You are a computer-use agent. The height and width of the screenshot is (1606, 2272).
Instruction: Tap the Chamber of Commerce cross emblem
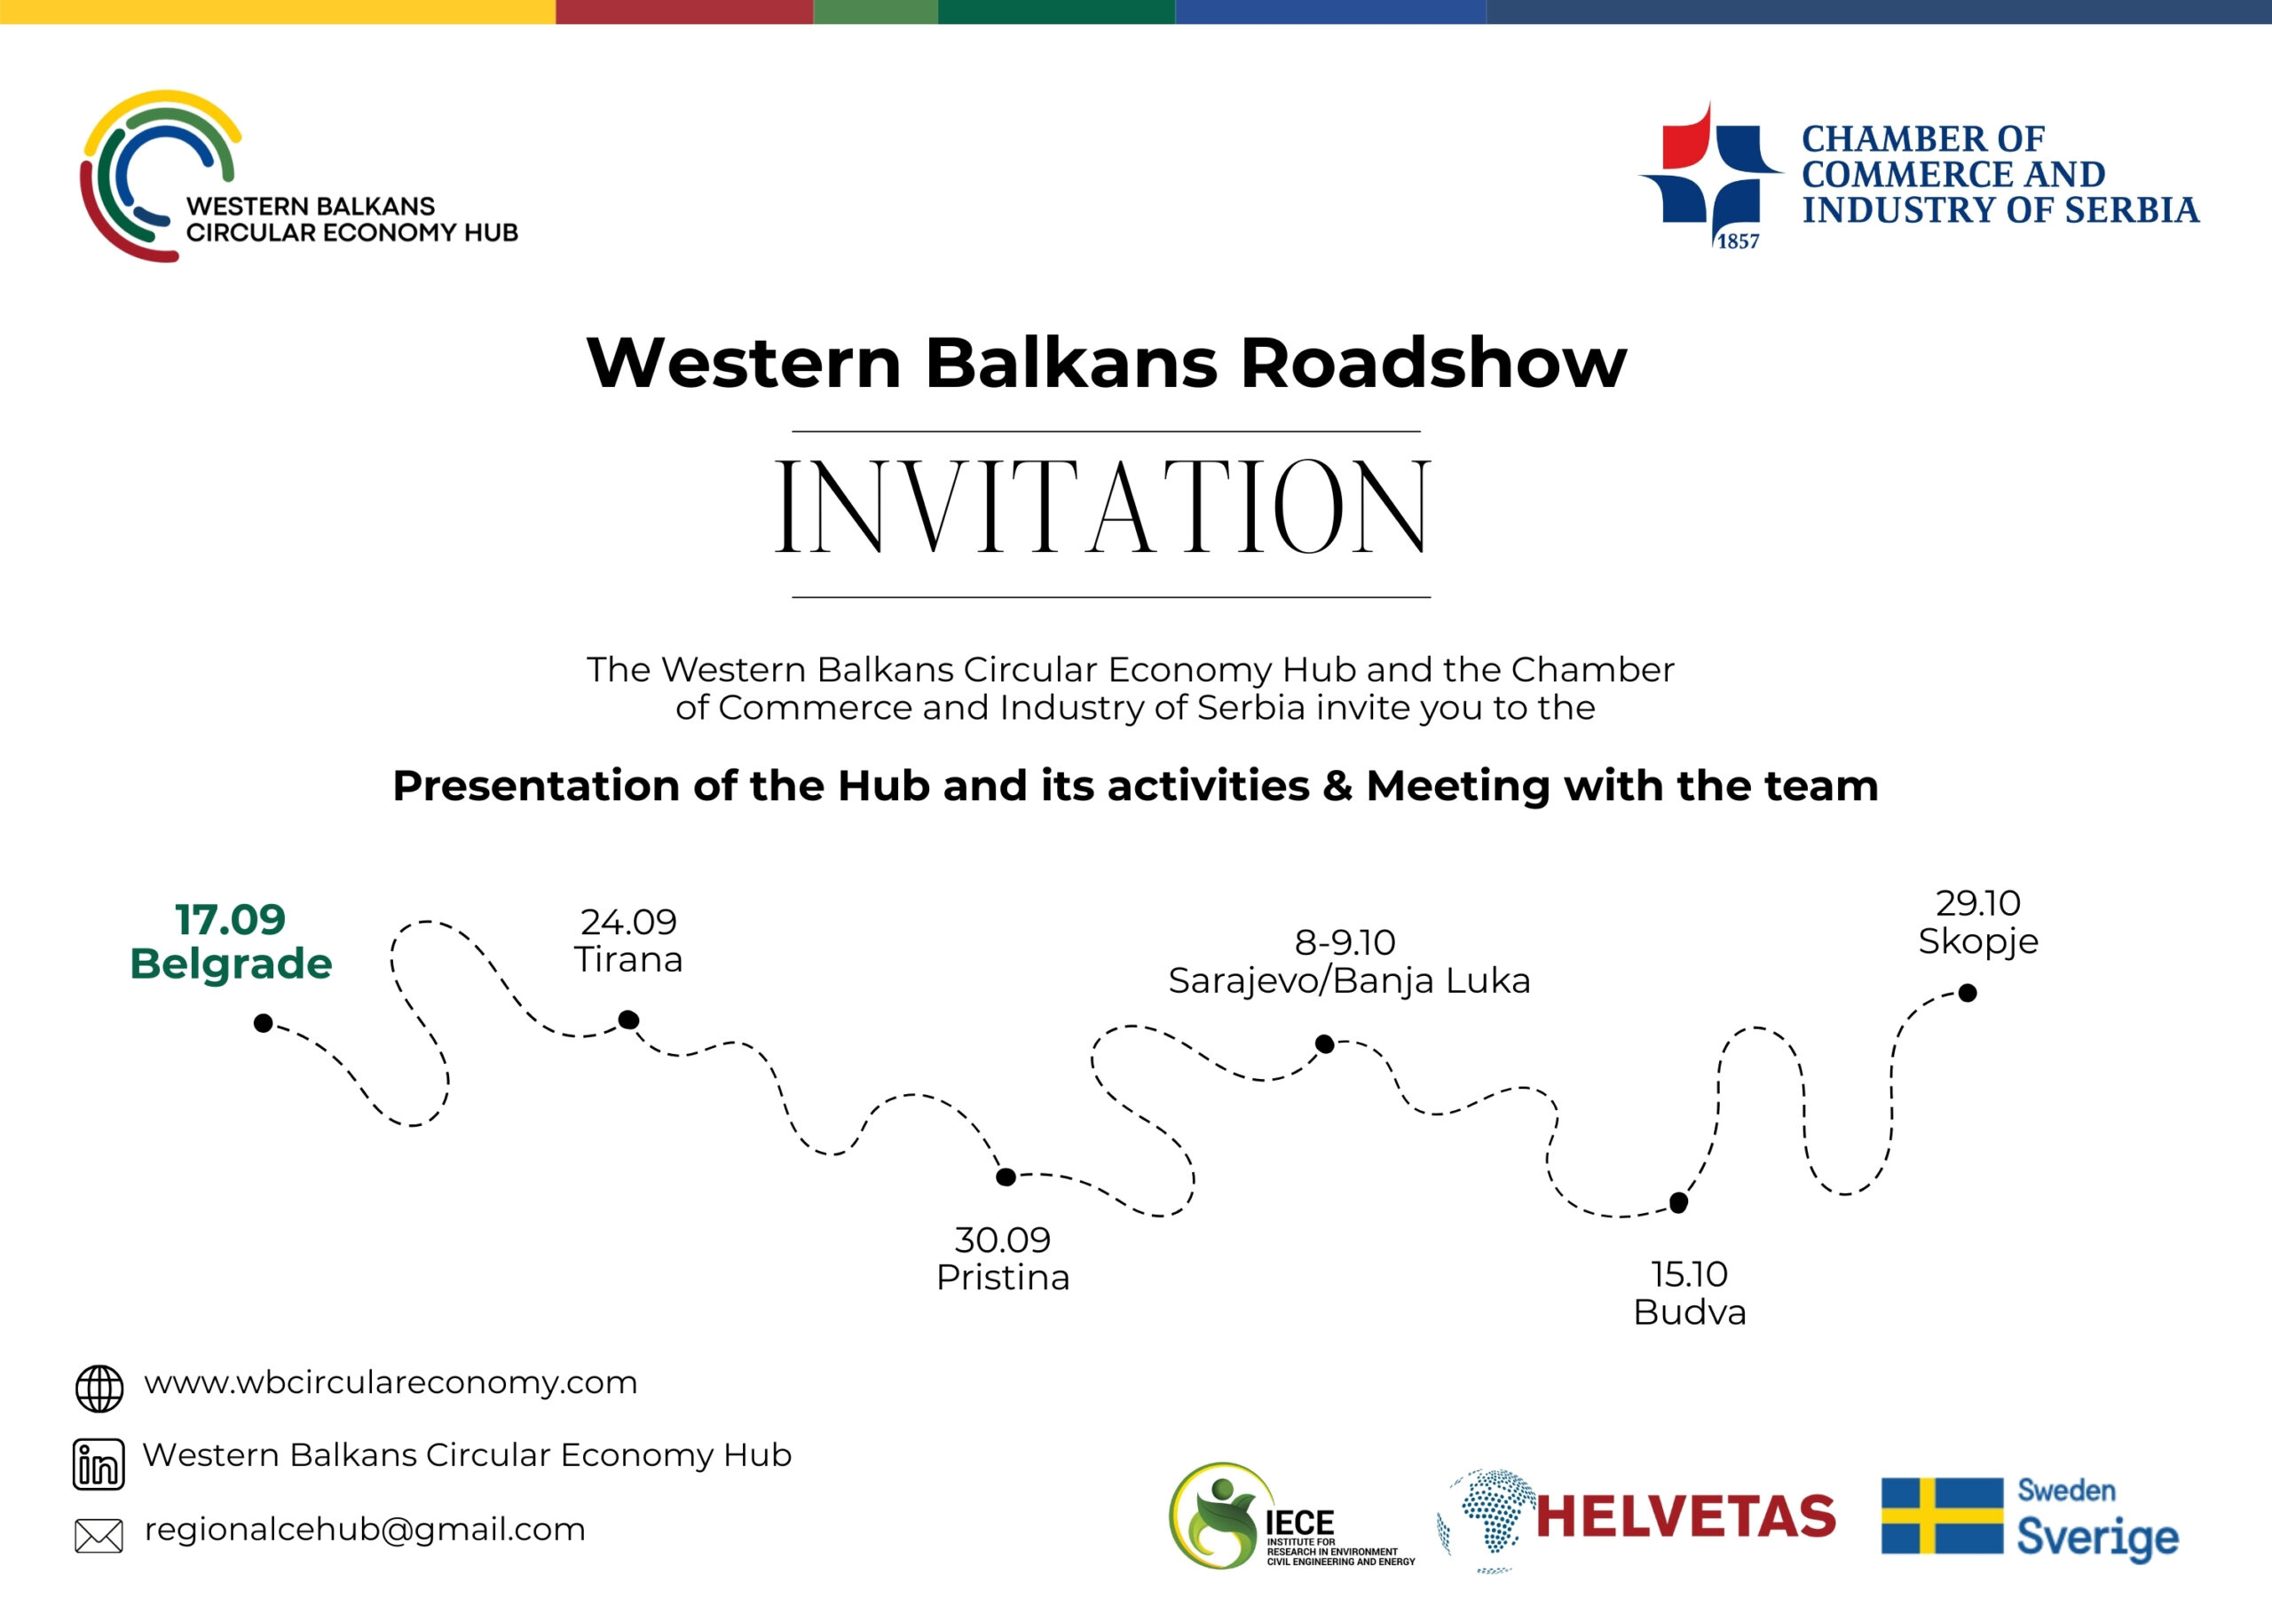click(x=1711, y=174)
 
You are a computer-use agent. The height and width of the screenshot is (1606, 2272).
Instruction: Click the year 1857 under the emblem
click(x=1738, y=241)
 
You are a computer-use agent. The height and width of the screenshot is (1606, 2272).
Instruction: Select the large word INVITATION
click(x=1102, y=506)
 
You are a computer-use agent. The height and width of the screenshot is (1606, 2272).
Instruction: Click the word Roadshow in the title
click(x=1434, y=363)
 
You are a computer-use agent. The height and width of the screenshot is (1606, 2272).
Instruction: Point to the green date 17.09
click(x=231, y=919)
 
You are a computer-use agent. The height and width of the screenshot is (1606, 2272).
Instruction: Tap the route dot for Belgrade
click(x=264, y=1022)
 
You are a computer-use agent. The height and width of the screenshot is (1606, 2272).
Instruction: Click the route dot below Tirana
click(x=628, y=1019)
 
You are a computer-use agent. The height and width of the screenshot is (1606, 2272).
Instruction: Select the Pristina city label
click(x=1004, y=1278)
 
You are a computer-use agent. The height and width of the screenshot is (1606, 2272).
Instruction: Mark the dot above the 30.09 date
click(x=1006, y=1177)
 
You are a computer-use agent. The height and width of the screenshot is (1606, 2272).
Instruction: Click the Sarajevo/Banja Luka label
click(x=1350, y=980)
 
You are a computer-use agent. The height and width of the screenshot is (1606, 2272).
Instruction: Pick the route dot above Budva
click(x=1679, y=1202)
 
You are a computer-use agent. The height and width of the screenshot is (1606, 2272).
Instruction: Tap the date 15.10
click(x=1689, y=1273)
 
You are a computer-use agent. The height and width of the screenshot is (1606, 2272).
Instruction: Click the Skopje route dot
click(x=1968, y=993)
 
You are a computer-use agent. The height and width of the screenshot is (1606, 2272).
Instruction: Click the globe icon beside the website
click(x=100, y=1389)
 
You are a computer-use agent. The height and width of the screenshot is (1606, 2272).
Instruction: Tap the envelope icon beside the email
click(x=99, y=1536)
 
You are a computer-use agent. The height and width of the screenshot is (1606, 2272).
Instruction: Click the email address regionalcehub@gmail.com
click(x=365, y=1530)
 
